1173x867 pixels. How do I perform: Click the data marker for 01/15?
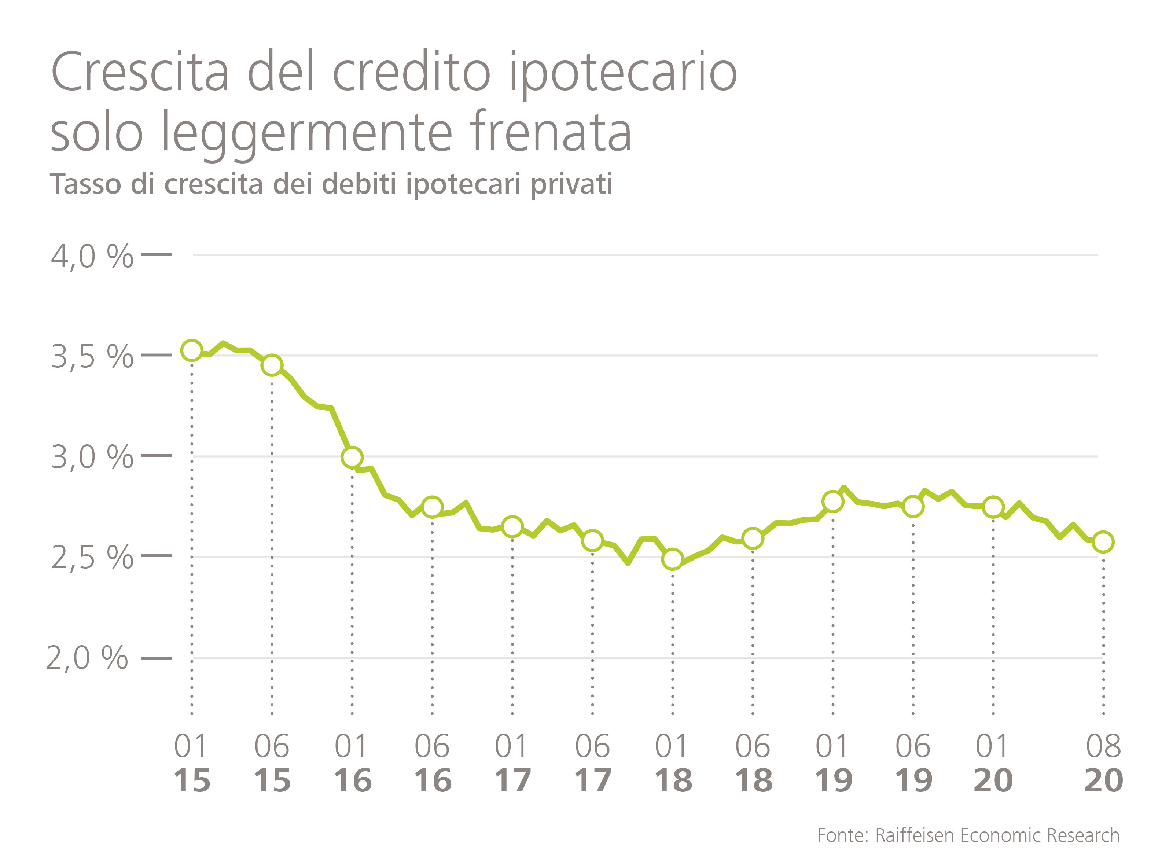(192, 350)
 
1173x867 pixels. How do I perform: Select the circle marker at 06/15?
(272, 365)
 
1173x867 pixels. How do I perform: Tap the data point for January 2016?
(352, 457)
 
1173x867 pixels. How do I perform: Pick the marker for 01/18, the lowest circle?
(672, 559)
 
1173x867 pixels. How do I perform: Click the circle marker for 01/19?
(833, 501)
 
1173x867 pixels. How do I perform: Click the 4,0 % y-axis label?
(92, 257)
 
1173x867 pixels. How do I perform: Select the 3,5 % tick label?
(92, 357)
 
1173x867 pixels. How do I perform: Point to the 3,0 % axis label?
(92, 457)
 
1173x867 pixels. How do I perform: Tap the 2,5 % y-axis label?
(92, 557)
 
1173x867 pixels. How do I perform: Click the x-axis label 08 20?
(1103, 763)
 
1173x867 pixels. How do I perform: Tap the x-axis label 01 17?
(512, 763)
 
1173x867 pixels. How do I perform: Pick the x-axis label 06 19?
(913, 763)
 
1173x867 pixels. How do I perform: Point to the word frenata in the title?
(551, 132)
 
